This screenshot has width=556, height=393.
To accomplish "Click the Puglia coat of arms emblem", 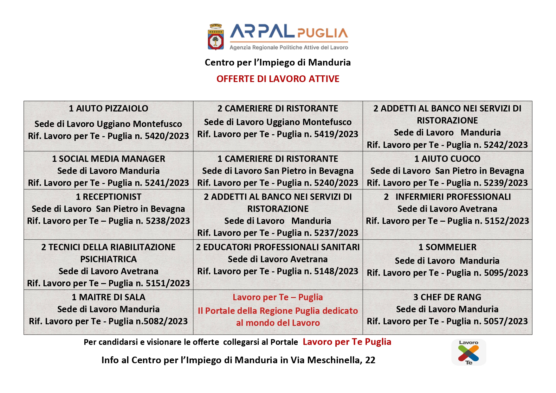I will [216, 37].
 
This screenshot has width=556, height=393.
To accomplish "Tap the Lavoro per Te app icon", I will [469, 352].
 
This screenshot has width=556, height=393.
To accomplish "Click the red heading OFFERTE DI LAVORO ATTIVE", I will [278, 79].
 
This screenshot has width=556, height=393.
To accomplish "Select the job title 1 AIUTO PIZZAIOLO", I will [108, 109].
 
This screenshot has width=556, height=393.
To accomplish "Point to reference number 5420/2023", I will [167, 136].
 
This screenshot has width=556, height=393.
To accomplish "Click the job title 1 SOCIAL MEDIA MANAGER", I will [108, 159].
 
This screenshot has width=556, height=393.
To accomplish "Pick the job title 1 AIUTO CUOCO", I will [447, 159].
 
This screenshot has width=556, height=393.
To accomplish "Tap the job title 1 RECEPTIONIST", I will [108, 197].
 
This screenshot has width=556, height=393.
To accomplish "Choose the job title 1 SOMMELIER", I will [447, 247].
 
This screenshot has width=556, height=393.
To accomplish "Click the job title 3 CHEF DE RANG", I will [447, 297].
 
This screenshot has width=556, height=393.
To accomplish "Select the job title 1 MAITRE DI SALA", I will [108, 297].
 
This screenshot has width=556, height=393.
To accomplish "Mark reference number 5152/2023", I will [507, 221].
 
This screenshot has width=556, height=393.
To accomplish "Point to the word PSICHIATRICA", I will [108, 259].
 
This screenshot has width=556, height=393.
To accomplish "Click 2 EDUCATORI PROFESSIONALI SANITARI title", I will [278, 247].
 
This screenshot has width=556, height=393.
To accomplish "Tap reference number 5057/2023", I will [506, 321].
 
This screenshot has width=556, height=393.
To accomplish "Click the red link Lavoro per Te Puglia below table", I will [347, 342].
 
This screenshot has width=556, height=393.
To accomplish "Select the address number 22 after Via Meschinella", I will [370, 360].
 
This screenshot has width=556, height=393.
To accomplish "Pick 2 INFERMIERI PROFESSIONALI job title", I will [447, 197].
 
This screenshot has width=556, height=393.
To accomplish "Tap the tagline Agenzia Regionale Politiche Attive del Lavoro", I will [289, 48].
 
